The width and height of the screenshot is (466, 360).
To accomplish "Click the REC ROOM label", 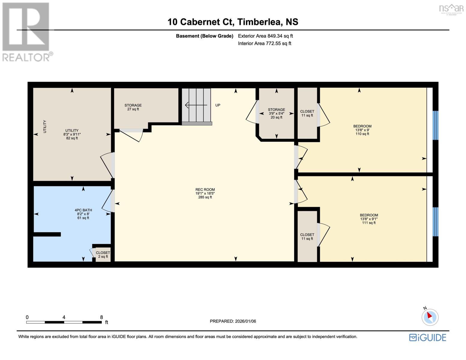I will pyautogui.click(x=205, y=193).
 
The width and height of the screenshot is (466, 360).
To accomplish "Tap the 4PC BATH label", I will pyautogui.click(x=83, y=214).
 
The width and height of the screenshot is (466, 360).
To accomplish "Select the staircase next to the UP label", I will pyautogui.click(x=196, y=106).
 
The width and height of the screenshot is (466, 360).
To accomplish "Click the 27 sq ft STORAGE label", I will pyautogui.click(x=133, y=107).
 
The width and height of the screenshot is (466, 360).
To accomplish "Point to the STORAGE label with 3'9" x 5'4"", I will pyautogui.click(x=276, y=113).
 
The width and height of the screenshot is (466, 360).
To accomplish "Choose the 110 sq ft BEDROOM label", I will pyautogui.click(x=362, y=130).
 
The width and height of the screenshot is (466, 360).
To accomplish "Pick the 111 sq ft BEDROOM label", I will pyautogui.click(x=369, y=219).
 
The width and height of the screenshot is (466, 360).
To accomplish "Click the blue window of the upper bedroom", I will pyautogui.click(x=435, y=125).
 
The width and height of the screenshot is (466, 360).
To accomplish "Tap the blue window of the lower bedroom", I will pyautogui.click(x=435, y=221).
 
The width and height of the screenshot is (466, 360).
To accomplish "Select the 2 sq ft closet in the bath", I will pyautogui.click(x=103, y=255).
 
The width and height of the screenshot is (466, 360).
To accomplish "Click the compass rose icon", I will pyautogui.click(x=430, y=317).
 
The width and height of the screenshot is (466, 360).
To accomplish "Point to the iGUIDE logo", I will pyautogui.click(x=428, y=337).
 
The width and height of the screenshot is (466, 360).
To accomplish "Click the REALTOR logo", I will pyautogui.click(x=26, y=31).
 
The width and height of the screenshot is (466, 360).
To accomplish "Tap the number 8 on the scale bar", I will pyautogui.click(x=101, y=317).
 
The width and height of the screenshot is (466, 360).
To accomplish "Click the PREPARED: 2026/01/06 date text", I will pyautogui.click(x=233, y=321).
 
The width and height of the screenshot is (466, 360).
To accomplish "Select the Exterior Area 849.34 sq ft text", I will pyautogui.click(x=265, y=36).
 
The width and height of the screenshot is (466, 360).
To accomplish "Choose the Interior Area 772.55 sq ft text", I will pyautogui.click(x=264, y=43).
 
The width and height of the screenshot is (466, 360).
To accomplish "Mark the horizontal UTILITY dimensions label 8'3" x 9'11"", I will pyautogui.click(x=72, y=134).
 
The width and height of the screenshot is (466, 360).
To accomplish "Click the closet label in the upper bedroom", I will pyautogui.click(x=307, y=113).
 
